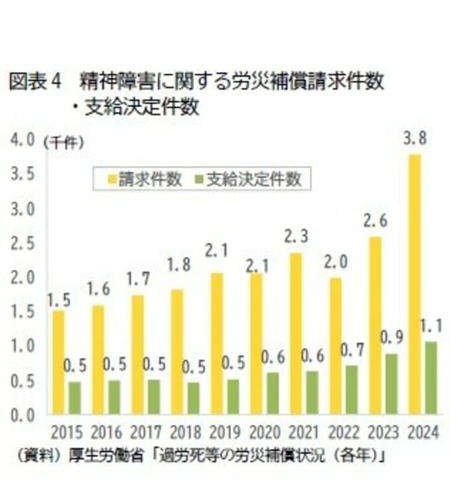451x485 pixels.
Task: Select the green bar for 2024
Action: pyautogui.click(x=431, y=378)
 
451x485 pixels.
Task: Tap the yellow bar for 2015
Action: pyautogui.click(x=58, y=362)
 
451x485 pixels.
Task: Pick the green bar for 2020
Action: pyautogui.click(x=272, y=393)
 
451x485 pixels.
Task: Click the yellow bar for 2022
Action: pyautogui.click(x=336, y=345)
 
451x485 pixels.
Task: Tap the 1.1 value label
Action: pyautogui.click(x=432, y=326)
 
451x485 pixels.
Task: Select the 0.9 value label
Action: pyautogui.click(x=393, y=337)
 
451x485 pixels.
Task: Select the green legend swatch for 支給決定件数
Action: pyautogui.click(x=199, y=178)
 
